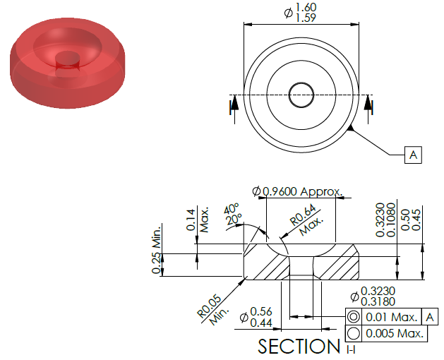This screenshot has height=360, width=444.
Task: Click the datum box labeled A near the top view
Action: pos(413,155)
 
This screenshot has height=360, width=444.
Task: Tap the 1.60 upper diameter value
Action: pos(306,7)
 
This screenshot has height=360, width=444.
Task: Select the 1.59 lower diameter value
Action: pos(306,18)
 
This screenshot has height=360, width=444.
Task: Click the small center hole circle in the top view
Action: pos(301,95)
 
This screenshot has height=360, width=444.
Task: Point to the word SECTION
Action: pos(299,346)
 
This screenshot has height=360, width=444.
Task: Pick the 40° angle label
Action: pos(232,208)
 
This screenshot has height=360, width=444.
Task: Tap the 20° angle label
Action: pos(234,219)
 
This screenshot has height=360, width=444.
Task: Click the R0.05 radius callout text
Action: pos(209,306)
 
